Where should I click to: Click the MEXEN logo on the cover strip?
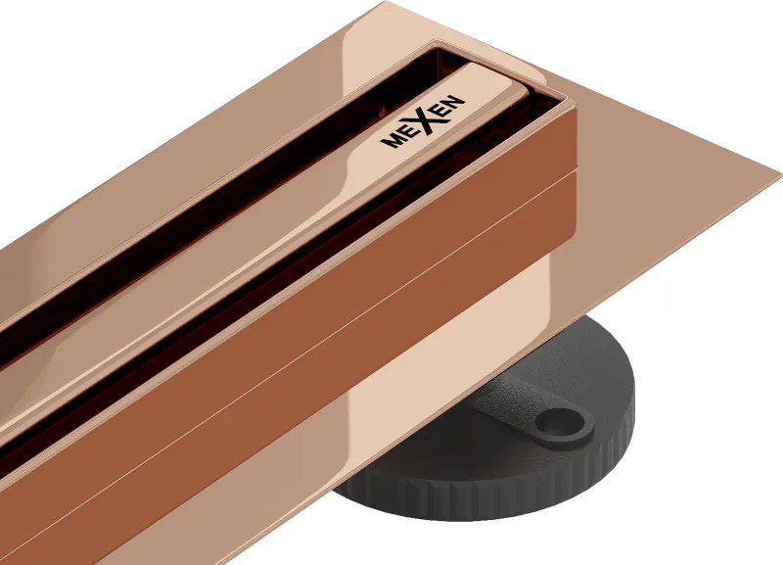click(423, 120)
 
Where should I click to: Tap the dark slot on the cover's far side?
click(245, 137)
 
